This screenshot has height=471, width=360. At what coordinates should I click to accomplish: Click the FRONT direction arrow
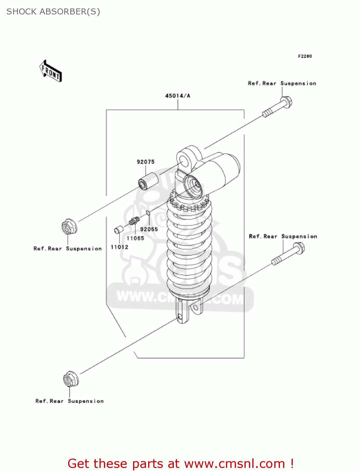pos(51,71)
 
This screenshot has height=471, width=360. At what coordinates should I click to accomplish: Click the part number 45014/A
pos(178,96)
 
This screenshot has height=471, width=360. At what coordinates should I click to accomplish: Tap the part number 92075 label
pos(146,162)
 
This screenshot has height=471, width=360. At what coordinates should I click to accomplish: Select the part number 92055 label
pos(149,229)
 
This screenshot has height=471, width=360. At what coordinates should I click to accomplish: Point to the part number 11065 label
pos(135,238)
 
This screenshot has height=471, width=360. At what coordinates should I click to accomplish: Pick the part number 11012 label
pos(119,247)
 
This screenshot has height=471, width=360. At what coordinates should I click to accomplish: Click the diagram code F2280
pos(305,56)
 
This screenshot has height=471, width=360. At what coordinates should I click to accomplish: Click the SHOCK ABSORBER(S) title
pos(53,12)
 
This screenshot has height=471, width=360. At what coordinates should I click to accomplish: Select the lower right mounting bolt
pos(288,255)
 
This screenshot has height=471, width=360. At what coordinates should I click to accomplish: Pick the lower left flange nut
pos(71,379)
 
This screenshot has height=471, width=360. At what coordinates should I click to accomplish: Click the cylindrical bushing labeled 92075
pos(148,181)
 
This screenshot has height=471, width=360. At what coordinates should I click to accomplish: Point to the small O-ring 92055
pos(148,214)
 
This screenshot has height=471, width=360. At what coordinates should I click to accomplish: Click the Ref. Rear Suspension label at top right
pos(282,84)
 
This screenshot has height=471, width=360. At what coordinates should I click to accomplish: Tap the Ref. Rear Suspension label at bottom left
pos(69,401)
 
